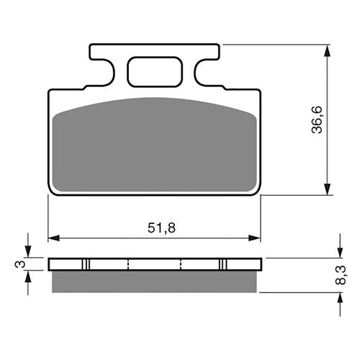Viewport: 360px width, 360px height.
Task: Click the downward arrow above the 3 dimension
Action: click(x=29, y=252)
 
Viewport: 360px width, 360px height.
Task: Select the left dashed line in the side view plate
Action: click(x=127, y=264)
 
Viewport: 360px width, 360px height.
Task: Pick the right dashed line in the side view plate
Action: click(x=181, y=264)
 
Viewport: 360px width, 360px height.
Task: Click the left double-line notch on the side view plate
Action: click(x=86, y=264)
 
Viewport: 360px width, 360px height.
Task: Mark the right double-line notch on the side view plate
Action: click(x=223, y=264)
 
